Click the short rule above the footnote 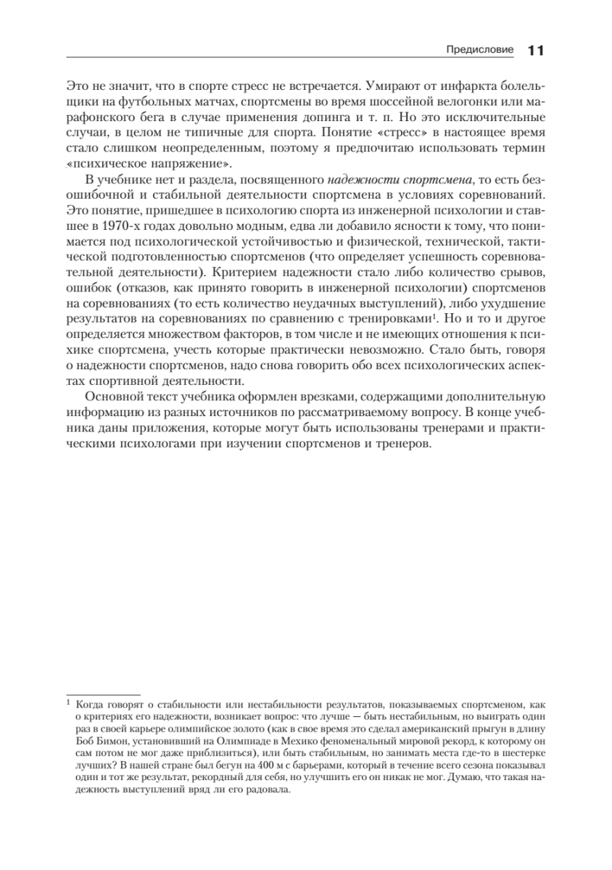(103, 694)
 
